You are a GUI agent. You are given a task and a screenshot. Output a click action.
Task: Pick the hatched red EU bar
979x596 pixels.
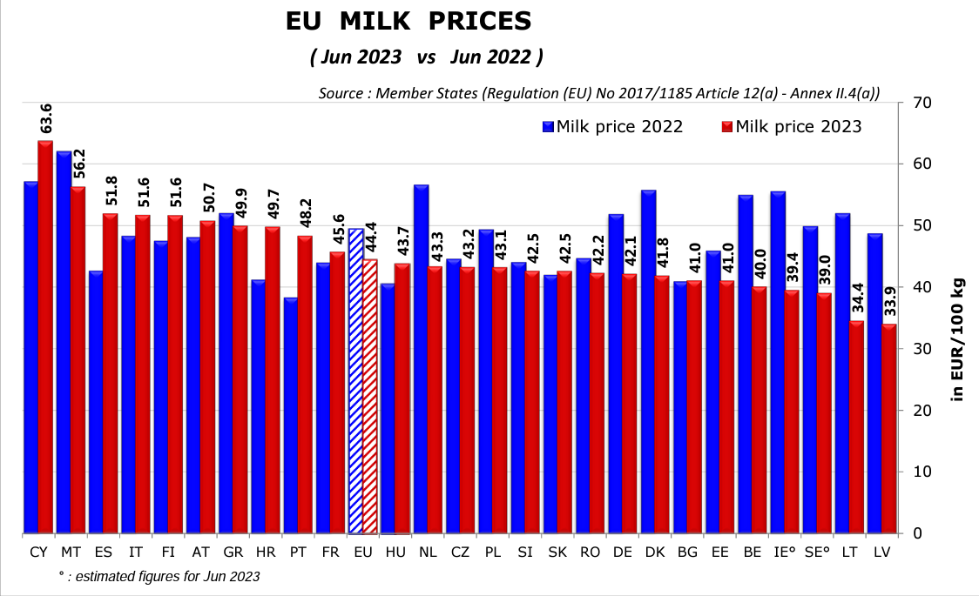click(371, 396)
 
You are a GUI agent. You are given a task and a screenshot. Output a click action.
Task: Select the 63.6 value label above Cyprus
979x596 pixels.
click(46, 118)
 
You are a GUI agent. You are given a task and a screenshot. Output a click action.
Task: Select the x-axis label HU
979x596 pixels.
click(395, 552)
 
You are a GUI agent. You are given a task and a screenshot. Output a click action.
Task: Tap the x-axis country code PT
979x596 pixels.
click(299, 552)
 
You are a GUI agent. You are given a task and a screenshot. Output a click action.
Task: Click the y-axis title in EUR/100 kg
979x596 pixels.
click(957, 338)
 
